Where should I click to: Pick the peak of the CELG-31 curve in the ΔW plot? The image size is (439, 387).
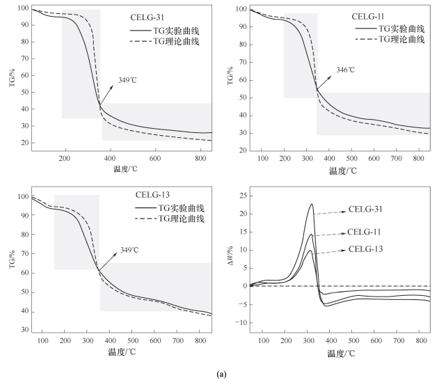312,204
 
